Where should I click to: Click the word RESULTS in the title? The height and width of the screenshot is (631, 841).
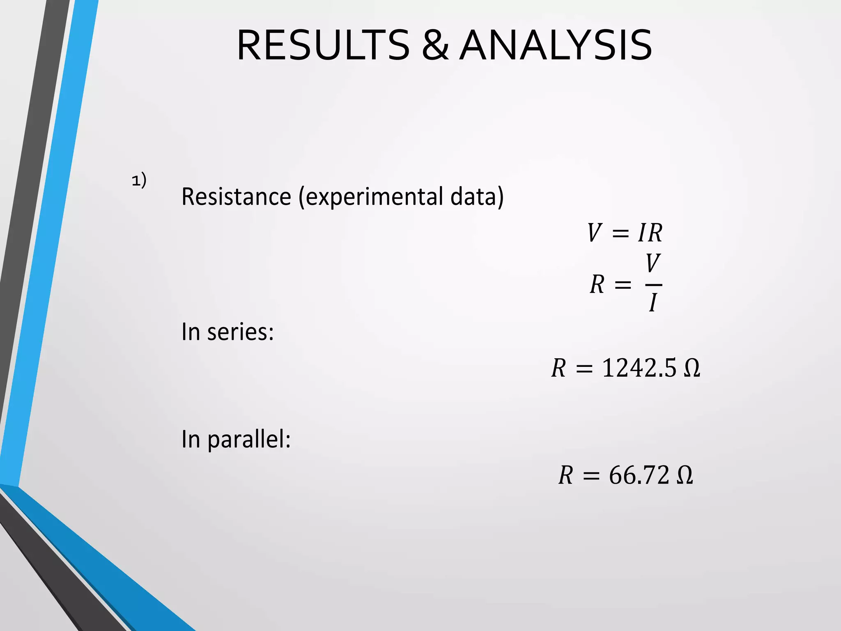323,45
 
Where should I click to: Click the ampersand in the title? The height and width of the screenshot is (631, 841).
435,45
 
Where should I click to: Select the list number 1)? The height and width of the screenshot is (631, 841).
139,180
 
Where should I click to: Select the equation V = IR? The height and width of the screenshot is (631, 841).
625,233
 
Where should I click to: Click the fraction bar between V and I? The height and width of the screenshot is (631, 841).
653,284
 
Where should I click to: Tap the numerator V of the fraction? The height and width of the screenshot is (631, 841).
653,263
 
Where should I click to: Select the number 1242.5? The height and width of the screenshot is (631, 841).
639,368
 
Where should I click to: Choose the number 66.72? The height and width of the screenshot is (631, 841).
639,475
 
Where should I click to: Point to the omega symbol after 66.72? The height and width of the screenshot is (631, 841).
685,476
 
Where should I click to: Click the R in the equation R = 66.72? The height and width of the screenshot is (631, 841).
565,476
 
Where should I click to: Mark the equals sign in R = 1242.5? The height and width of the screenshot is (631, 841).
584,368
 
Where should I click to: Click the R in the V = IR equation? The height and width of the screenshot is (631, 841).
655,233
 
